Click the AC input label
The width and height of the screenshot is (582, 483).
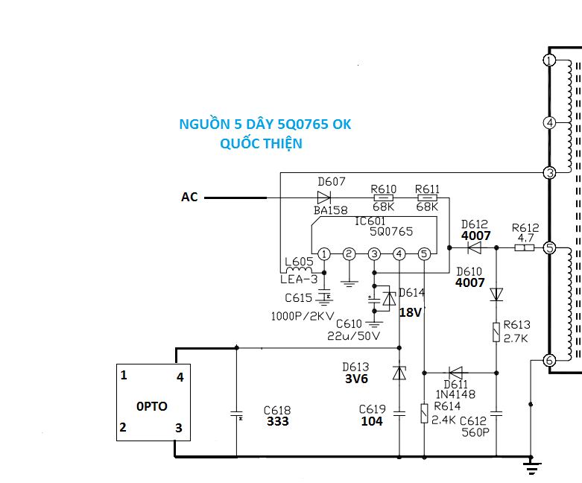pyautogui.click(x=189, y=197)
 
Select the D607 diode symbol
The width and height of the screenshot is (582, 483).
pyautogui.click(x=324, y=198)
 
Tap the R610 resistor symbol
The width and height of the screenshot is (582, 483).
pyautogui.click(x=384, y=198)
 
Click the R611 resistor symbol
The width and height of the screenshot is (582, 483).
pyautogui.click(x=427, y=198)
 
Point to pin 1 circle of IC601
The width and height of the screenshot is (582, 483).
pyautogui.click(x=324, y=254)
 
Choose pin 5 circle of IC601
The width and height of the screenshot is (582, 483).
pyautogui.click(x=424, y=254)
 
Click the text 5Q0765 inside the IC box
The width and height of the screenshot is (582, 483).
pyautogui.click(x=391, y=232)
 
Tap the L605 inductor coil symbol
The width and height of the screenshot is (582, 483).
pyautogui.click(x=299, y=270)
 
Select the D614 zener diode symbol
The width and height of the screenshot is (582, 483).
pyautogui.click(x=389, y=298)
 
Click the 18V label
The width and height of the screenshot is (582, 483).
pyautogui.click(x=411, y=312)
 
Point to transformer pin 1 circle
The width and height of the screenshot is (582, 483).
pyautogui.click(x=550, y=60)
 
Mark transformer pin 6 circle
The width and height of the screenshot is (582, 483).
pyautogui.click(x=550, y=360)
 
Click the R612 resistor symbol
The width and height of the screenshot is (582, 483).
pyautogui.click(x=525, y=247)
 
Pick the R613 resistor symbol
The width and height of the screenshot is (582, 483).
pyautogui.click(x=496, y=332)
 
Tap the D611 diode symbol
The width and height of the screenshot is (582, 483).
pyautogui.click(x=455, y=373)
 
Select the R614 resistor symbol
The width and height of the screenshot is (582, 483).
pyautogui.click(x=424, y=414)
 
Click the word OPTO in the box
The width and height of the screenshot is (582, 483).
pyautogui.click(x=152, y=406)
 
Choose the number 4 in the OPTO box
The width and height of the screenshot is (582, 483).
pyautogui.click(x=180, y=377)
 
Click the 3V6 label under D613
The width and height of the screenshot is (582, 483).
pyautogui.click(x=356, y=379)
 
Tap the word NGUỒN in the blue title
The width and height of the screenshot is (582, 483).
pyautogui.click(x=204, y=124)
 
